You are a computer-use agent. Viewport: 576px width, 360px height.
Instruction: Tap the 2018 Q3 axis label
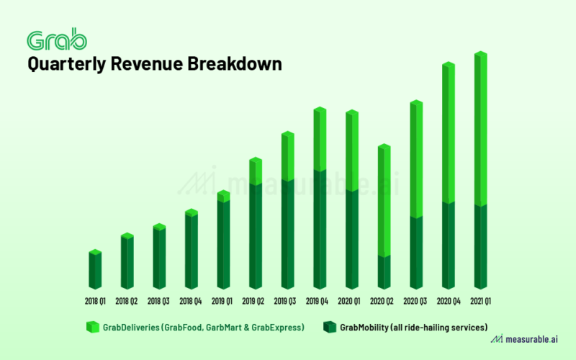point(159,301)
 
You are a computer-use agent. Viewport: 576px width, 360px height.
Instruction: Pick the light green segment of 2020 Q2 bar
point(384,200)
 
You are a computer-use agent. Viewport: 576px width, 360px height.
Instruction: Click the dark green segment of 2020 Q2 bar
point(384,272)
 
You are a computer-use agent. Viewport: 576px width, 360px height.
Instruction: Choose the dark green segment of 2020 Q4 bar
point(449,245)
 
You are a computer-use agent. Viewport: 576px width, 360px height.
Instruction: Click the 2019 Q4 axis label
point(320,301)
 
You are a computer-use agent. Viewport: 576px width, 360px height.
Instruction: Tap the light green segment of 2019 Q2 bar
point(256,171)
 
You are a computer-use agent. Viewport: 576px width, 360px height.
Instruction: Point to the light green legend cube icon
point(92,327)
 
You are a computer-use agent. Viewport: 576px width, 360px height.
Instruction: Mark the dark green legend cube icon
point(330,327)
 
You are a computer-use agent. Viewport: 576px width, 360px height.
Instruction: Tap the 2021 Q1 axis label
point(481,301)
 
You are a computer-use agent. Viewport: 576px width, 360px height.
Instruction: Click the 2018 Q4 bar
point(192,248)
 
